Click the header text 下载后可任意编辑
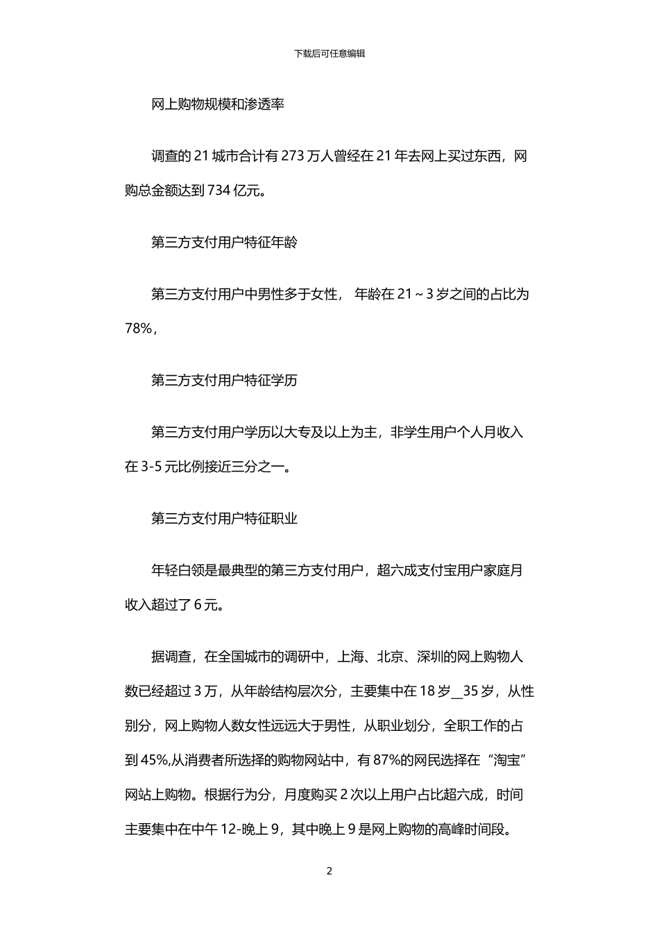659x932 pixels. tap(329, 53)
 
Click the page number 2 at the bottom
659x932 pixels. tap(329, 871)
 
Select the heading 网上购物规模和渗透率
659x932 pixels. tap(218, 105)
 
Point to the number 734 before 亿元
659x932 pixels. tap(219, 191)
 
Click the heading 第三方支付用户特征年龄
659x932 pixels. tap(224, 243)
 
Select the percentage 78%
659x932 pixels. tap(138, 329)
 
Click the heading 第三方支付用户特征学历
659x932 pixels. tap(224, 381)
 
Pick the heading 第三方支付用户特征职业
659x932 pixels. tap(224, 518)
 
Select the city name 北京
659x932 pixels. tap(390, 656)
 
